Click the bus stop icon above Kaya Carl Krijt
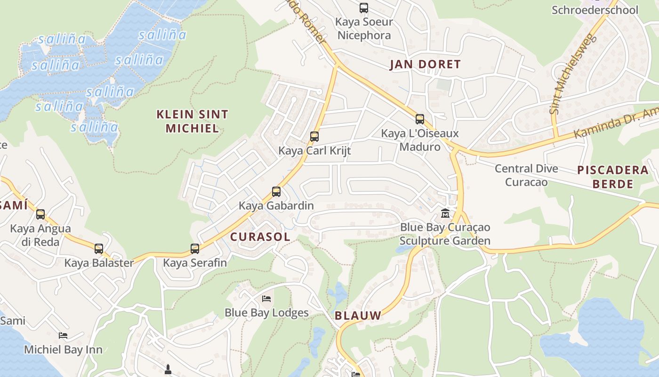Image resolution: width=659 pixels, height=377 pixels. pos(314,137)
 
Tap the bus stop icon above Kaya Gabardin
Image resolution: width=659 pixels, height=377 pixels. pos(276,192)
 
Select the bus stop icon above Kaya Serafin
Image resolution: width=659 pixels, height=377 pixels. pos(195,248)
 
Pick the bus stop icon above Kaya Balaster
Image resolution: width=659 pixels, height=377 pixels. pos(99,248)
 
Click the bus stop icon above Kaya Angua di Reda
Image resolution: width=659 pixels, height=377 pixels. pos(40,214)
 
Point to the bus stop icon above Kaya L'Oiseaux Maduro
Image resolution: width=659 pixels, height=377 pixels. pos(420,119)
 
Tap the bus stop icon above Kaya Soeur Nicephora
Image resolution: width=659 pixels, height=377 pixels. pos(364,8)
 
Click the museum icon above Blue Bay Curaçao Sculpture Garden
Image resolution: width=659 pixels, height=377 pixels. pos(445,213)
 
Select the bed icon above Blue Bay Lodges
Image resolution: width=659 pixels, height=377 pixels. pos(266,299)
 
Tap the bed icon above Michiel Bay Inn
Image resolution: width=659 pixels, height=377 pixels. pos(63,336)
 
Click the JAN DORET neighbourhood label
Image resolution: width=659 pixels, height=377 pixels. pos(425,65)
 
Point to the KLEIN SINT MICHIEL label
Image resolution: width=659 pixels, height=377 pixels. pos(192,121)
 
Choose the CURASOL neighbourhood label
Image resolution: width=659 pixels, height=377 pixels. pos(260,237)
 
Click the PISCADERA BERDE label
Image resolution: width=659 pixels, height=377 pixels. pos(613,177)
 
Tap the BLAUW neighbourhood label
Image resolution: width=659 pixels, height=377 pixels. pos(358,316)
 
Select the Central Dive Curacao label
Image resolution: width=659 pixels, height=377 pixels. pos(526,175)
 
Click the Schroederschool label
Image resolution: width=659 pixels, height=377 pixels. pos(595,10)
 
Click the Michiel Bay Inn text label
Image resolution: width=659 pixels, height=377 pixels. pos(63,350)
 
